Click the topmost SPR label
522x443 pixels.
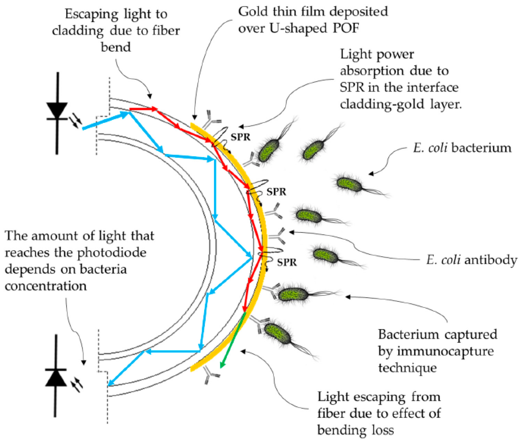(x=240, y=137)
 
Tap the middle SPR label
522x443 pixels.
(x=276, y=192)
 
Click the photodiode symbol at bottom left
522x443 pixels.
(x=56, y=377)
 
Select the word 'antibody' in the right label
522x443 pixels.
(x=491, y=260)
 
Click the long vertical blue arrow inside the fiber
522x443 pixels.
(x=215, y=188)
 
